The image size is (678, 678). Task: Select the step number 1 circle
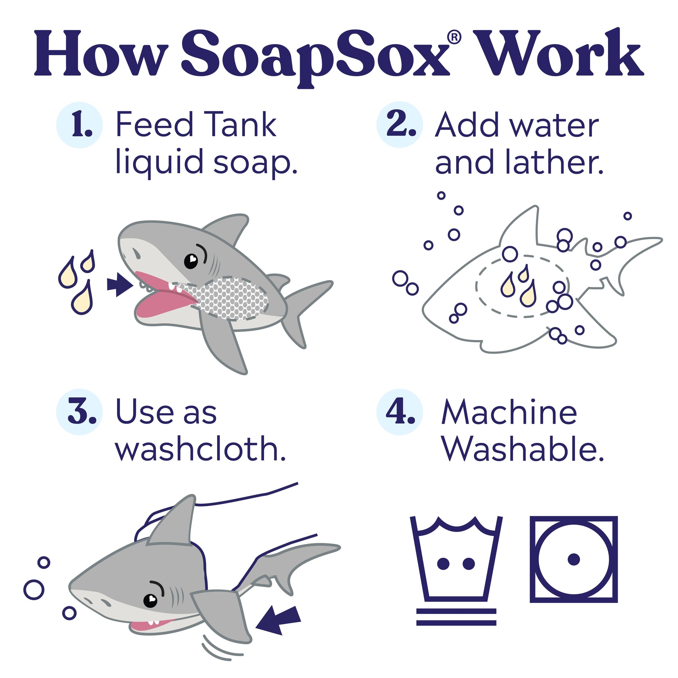(x=79, y=125)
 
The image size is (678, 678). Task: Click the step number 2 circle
(x=400, y=125)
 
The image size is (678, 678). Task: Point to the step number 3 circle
(x=79, y=412)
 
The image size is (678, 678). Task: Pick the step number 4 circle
(x=400, y=412)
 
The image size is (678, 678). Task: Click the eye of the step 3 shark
(x=151, y=600)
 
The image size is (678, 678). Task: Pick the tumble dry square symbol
(x=574, y=560)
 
